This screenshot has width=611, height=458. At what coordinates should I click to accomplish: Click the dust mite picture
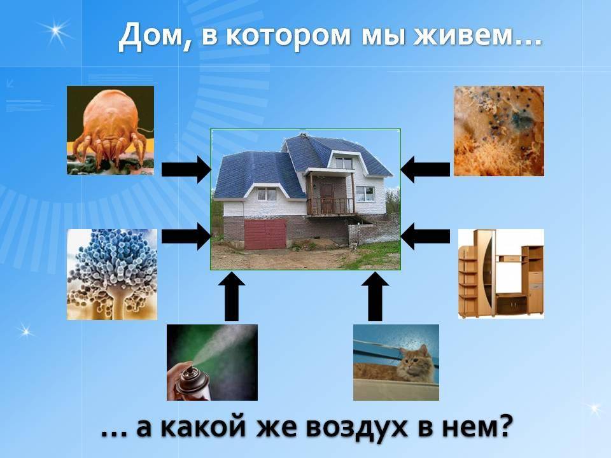(110, 130)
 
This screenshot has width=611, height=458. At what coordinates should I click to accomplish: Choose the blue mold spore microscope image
(112, 274)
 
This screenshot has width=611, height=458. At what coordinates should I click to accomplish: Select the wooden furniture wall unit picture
(501, 274)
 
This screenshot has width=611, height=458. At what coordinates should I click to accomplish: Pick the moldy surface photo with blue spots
(499, 131)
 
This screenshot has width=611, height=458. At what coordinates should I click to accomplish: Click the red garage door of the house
(265, 234)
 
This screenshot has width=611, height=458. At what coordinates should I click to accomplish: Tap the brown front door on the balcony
(327, 198)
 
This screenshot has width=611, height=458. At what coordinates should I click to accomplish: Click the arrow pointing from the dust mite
(186, 170)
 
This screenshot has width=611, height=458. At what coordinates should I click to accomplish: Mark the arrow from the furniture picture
(425, 236)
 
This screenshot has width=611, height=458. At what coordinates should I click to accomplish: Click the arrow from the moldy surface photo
(425, 170)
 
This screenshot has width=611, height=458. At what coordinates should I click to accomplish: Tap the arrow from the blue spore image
(186, 236)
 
